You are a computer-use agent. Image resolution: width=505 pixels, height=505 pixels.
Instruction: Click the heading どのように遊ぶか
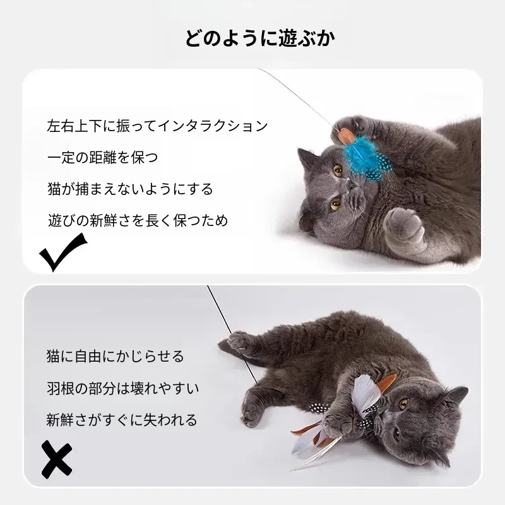[260, 39]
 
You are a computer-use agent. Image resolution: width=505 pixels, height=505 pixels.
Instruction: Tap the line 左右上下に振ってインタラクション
[157, 126]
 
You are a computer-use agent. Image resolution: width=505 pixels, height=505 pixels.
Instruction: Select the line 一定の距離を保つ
[103, 157]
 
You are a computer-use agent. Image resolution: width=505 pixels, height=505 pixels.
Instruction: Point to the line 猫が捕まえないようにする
[130, 189]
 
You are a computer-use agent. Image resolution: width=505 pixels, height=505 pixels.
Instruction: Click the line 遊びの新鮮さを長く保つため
[138, 220]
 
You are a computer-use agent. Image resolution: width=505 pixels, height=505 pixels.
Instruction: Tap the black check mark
[62, 252]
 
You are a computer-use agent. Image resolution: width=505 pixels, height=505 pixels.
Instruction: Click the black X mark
[57, 460]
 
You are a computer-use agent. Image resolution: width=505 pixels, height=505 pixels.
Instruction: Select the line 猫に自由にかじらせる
[115, 357]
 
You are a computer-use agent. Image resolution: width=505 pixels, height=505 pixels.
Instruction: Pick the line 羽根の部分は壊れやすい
[122, 388]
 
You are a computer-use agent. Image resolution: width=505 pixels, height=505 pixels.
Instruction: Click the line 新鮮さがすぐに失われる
[121, 420]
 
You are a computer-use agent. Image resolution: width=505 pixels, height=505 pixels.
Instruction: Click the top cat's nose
[349, 186]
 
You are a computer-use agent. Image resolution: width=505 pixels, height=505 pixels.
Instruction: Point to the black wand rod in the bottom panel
[232, 335]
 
